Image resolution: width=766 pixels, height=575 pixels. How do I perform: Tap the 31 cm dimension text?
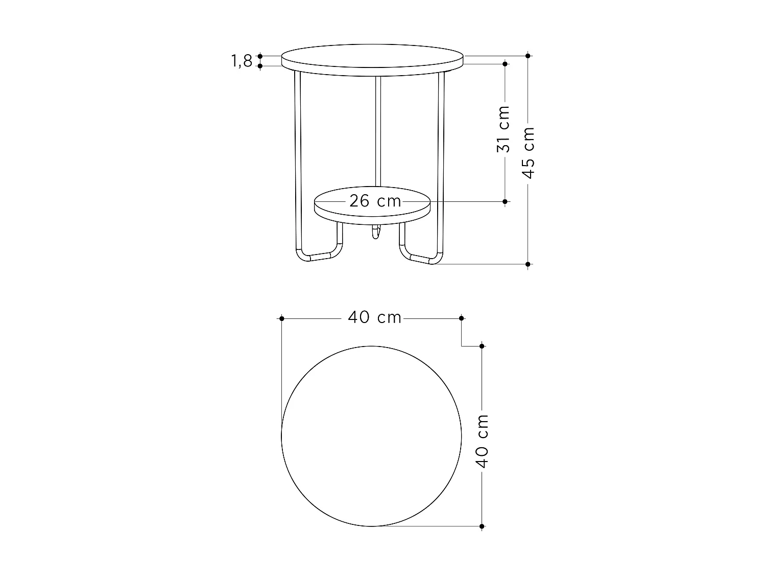[x=504, y=129]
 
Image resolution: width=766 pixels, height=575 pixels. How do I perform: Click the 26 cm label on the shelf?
[x=375, y=201]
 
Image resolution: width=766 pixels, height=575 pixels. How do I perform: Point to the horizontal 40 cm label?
[x=374, y=317]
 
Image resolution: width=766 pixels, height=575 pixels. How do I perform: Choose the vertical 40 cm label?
[x=482, y=442]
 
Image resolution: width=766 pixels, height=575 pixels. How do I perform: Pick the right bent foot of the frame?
[x=419, y=256]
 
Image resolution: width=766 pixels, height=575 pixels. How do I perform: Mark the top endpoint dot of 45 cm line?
[x=528, y=56]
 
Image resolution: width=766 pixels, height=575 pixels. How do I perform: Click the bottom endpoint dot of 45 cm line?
[x=528, y=264]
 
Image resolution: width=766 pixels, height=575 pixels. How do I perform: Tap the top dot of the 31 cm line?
[x=505, y=64]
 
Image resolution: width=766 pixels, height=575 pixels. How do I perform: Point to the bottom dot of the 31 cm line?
[x=505, y=202]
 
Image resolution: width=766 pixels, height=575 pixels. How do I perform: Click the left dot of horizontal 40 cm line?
[x=281, y=318]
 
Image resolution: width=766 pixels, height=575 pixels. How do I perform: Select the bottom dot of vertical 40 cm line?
[x=482, y=526]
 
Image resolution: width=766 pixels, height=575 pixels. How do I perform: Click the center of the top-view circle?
[x=372, y=436]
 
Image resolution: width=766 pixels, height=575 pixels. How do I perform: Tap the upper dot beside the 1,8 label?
[x=260, y=56]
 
